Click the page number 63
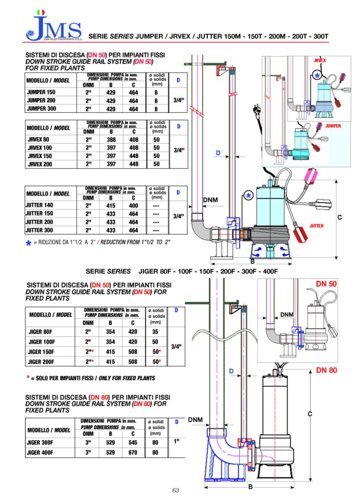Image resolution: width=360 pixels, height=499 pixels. (x=176, y=490)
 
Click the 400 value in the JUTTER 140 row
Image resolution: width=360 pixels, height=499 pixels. (x=133, y=205)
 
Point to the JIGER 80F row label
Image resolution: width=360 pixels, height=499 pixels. (x=42, y=332)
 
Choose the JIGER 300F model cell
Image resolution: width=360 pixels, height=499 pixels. (x=42, y=442)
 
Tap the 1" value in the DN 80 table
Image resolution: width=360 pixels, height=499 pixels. (x=176, y=442)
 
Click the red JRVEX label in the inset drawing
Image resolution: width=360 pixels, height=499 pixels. (x=319, y=60)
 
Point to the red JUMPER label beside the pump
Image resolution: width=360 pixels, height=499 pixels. (x=333, y=126)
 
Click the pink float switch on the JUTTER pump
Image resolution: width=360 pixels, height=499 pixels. (x=313, y=175)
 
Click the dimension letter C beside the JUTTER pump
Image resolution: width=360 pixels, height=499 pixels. (x=339, y=218)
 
